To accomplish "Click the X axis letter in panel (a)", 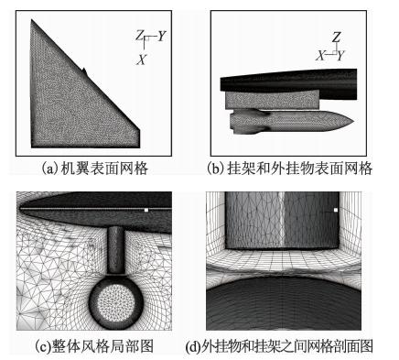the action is pyautogui.click(x=141, y=60).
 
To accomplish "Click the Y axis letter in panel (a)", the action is pyautogui.click(x=161, y=36).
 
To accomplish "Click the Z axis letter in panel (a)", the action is pyautogui.click(x=139, y=36).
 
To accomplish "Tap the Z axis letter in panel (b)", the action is pyautogui.click(x=336, y=38).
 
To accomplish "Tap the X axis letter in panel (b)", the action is pyautogui.click(x=320, y=56).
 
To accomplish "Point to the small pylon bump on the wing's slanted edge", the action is pyautogui.click(x=84, y=71).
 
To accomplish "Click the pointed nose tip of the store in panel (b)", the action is pyautogui.click(x=353, y=122).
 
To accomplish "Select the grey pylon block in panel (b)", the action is pyautogui.click(x=272, y=100).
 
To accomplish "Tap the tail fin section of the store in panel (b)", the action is pyautogui.click(x=249, y=122).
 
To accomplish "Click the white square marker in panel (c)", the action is pyautogui.click(x=146, y=210).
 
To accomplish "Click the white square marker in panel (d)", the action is pyautogui.click(x=336, y=210).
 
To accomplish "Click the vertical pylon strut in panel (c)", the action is pyautogui.click(x=116, y=250).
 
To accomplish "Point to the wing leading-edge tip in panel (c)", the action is pyautogui.click(x=20, y=209).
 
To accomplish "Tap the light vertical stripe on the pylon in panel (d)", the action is pyautogui.click(x=281, y=219).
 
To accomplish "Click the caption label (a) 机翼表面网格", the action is pyautogui.click(x=94, y=169).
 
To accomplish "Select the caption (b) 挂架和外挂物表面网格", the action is pyautogui.click(x=289, y=169).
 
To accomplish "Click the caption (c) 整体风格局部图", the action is pyautogui.click(x=94, y=346).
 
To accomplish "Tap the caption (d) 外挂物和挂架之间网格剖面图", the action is pyautogui.click(x=279, y=346).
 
